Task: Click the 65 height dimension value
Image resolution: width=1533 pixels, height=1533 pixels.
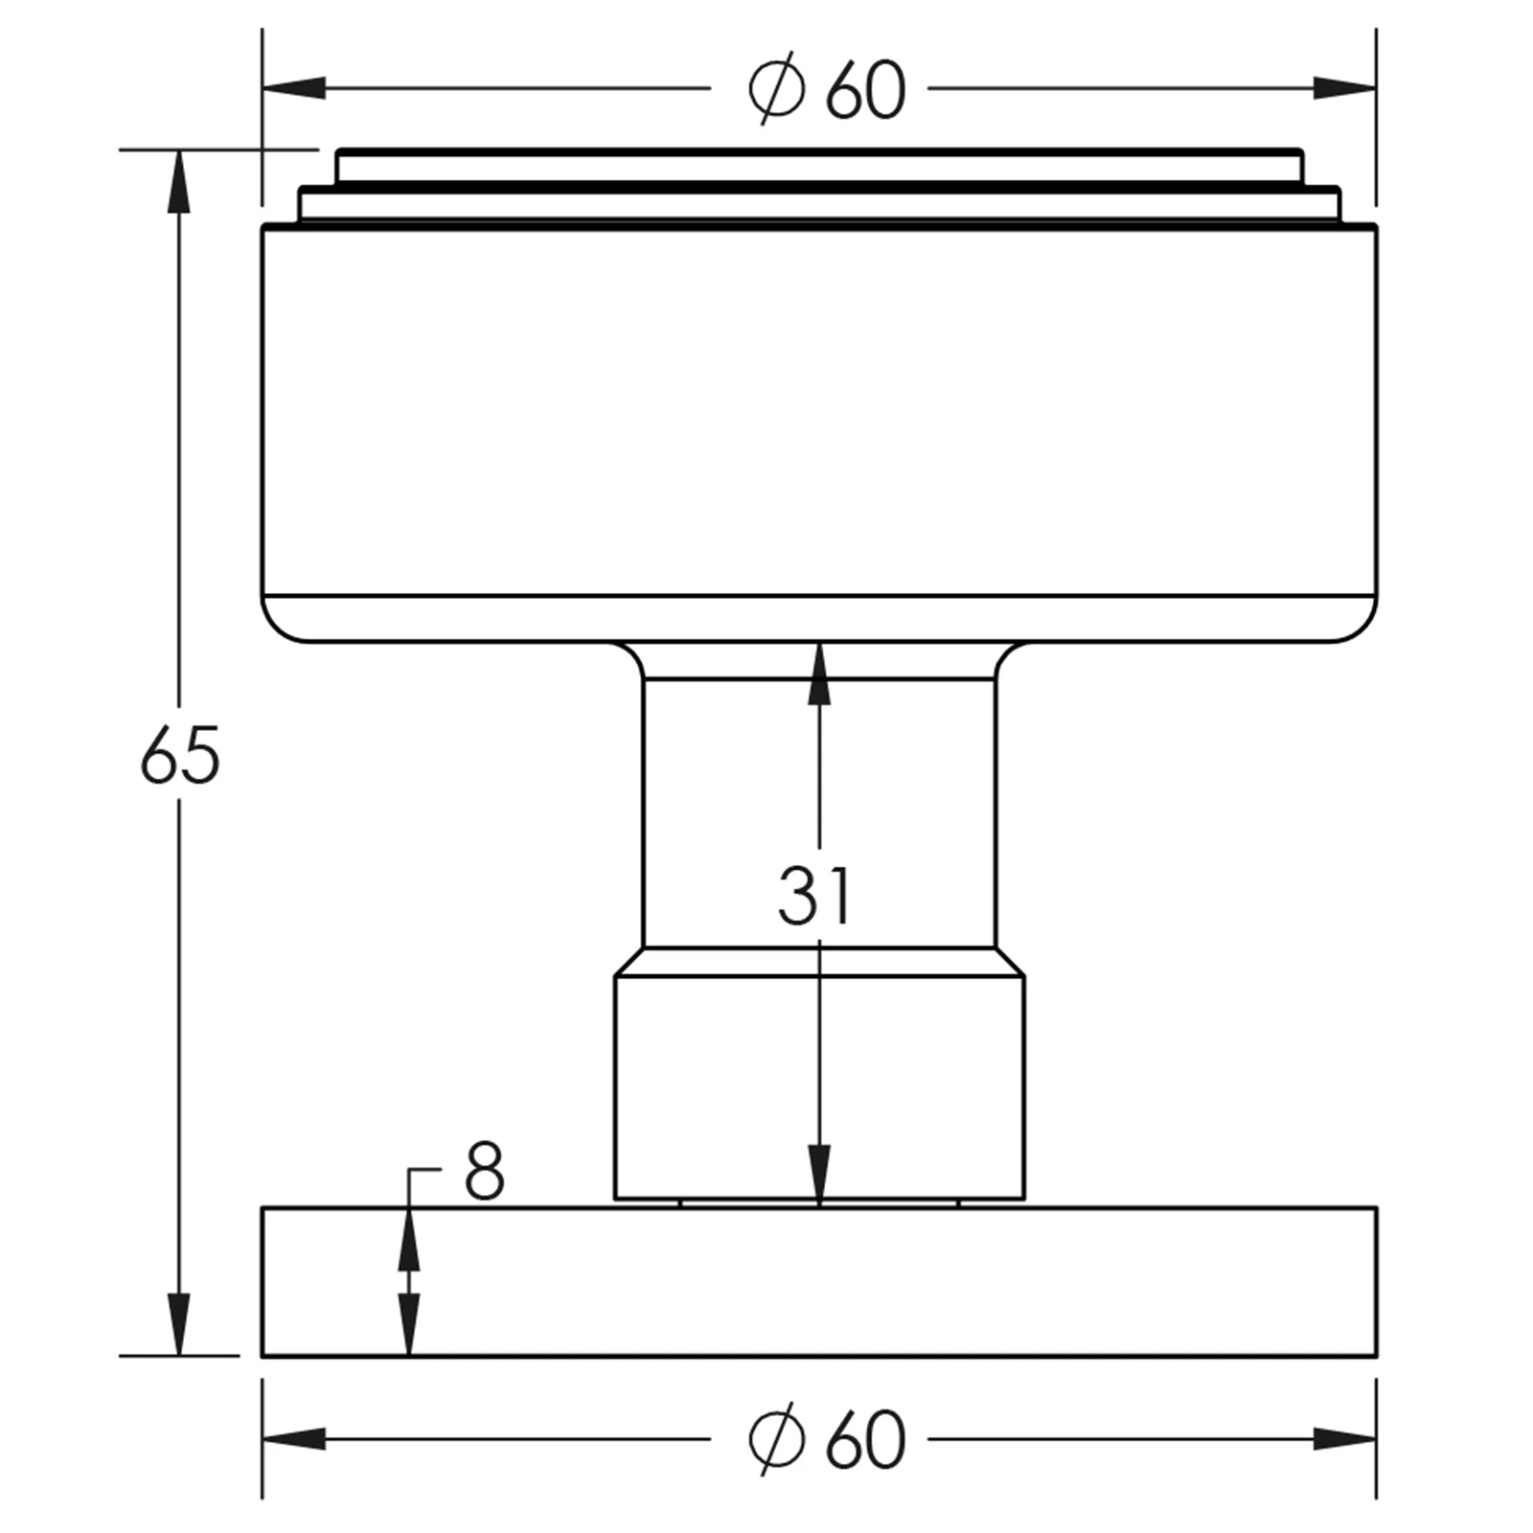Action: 180,756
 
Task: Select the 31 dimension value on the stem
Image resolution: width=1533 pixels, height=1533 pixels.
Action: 814,896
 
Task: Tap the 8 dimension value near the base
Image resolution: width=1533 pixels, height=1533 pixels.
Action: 484,1171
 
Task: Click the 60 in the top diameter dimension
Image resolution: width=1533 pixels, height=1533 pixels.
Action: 865,90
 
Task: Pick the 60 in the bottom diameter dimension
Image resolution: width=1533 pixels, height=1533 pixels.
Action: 865,1439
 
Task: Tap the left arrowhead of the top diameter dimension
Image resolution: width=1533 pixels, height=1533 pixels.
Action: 294,88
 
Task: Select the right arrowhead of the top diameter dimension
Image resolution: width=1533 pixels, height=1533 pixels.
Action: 1344,88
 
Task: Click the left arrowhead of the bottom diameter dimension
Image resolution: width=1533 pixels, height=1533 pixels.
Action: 294,1438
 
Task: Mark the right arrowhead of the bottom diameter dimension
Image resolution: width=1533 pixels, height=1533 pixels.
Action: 1344,1438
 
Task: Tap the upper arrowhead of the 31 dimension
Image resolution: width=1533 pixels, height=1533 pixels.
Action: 819,675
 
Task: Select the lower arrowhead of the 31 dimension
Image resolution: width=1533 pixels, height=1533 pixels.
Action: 819,1176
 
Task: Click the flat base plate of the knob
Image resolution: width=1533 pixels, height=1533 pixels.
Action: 819,1282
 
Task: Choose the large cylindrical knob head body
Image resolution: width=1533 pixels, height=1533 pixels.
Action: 819,431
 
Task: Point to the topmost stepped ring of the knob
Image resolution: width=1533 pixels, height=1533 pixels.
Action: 819,166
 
